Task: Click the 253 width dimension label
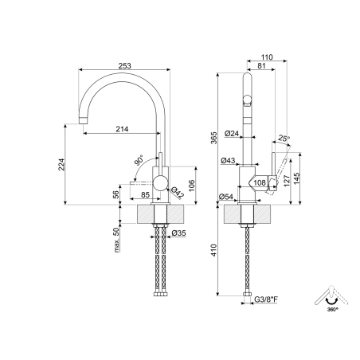[124, 65]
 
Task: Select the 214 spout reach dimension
[122, 129]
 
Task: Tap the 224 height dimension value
[61, 165]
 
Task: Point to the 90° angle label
[139, 160]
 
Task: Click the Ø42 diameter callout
[177, 193]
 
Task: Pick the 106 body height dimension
[191, 186]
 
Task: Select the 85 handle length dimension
[145, 194]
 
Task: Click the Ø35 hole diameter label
[179, 233]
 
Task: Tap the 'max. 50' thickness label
[116, 240]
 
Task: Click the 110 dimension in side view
[267, 57]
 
